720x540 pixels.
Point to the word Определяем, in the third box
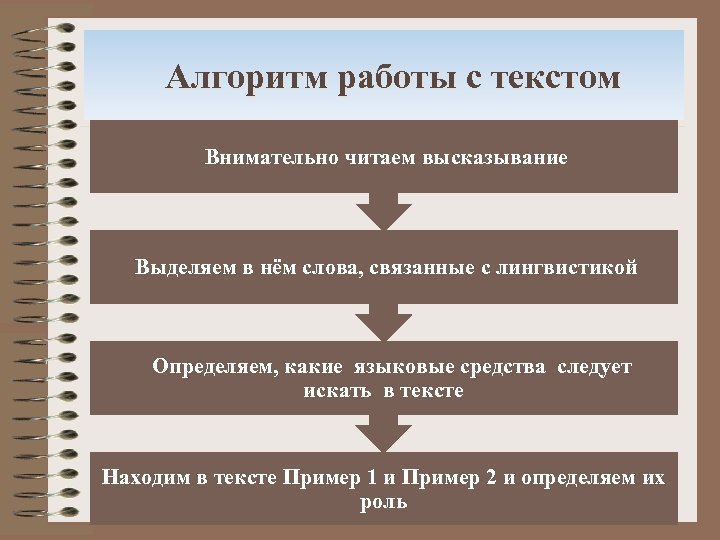click(214, 367)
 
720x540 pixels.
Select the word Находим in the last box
click(146, 478)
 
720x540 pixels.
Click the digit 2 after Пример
click(491, 478)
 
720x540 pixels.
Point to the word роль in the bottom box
click(383, 501)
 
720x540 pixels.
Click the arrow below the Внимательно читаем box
click(383, 211)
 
